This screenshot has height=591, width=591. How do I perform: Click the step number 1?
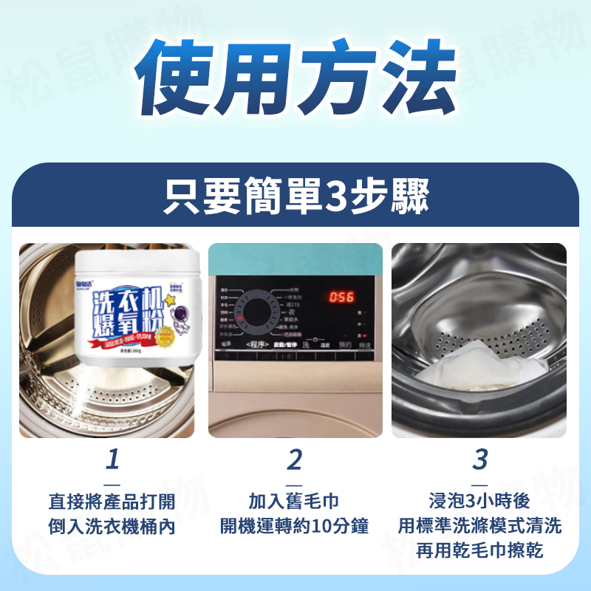(x=112, y=460)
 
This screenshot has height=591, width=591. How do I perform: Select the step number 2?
(x=295, y=460)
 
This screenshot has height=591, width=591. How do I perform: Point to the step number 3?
(x=479, y=460)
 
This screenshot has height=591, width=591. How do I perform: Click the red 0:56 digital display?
(x=341, y=297)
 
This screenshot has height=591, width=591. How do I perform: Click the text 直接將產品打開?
(x=112, y=502)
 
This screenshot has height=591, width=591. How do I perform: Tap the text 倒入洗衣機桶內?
(x=112, y=527)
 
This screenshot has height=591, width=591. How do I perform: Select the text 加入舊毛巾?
(x=295, y=502)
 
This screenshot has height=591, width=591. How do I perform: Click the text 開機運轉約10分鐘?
(x=295, y=527)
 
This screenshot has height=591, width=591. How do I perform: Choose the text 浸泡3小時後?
(x=479, y=502)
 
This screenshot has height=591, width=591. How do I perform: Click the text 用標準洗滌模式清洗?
(x=479, y=526)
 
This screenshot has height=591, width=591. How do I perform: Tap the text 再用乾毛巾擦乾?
(x=479, y=550)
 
